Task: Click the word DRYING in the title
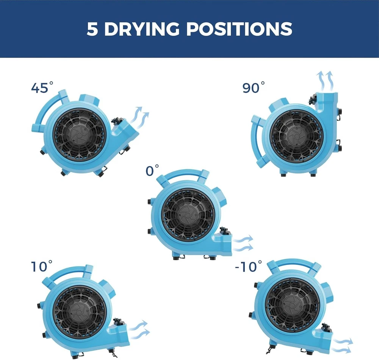pos(142,29)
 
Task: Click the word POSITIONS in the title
pos(239,29)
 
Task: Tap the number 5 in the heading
pos(92,29)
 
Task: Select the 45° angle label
pos(42,87)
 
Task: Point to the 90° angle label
pos(253,87)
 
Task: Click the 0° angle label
pos(152,170)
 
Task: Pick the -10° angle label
pos(248,266)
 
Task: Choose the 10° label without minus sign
pos(41,266)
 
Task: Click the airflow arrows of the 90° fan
pos(325,81)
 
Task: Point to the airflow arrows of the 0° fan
pos(243,243)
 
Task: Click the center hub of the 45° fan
pos(80,135)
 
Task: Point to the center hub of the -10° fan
pos(293,305)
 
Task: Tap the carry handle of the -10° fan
pos(294,262)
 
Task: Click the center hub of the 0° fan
pos(188,214)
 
